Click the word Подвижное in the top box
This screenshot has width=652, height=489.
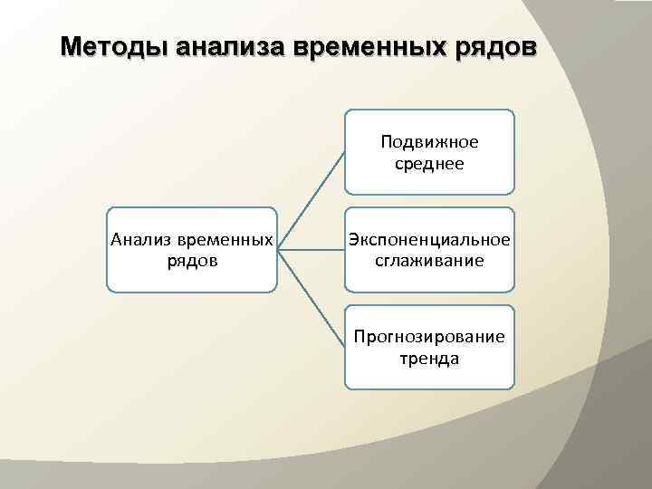click(x=429, y=142)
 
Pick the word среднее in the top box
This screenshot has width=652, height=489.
click(x=429, y=164)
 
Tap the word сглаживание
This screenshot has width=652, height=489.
click(x=429, y=262)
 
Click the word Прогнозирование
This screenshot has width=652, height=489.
click(x=429, y=337)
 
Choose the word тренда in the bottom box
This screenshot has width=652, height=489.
click(x=429, y=359)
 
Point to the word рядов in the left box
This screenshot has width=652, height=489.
click(x=192, y=262)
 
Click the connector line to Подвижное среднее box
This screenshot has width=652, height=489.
click(x=311, y=199)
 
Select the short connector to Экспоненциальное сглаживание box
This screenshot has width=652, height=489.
click(x=311, y=249)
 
